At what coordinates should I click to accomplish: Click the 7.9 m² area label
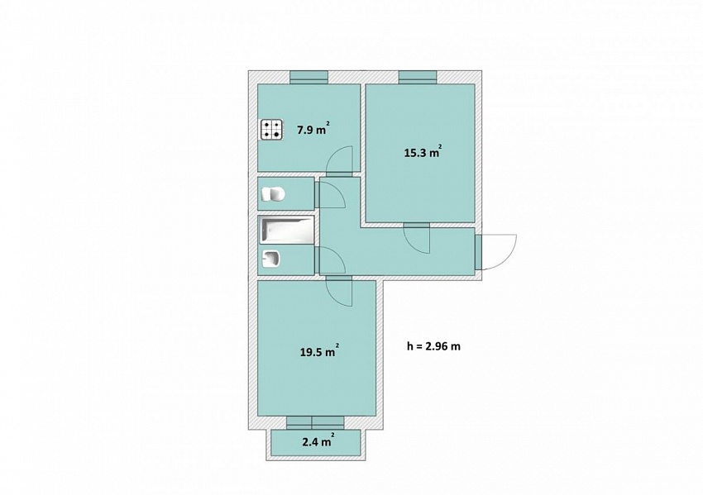pos(313,130)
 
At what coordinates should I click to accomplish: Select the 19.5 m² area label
pos(319,351)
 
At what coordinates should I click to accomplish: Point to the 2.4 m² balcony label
pos(318,441)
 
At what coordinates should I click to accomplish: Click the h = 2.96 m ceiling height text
pos(433,345)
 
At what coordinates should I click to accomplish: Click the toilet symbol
pos(274,194)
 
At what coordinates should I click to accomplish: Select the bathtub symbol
pos(286,231)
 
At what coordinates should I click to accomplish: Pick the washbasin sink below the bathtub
pos(271,259)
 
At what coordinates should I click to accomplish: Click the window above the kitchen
pos(309,77)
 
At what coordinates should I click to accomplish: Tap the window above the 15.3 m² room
pos(418,77)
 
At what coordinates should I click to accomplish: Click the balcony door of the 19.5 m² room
pos(315,422)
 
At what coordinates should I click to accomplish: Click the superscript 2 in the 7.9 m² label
pos(328,124)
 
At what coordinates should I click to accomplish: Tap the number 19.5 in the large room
pos(311,352)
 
